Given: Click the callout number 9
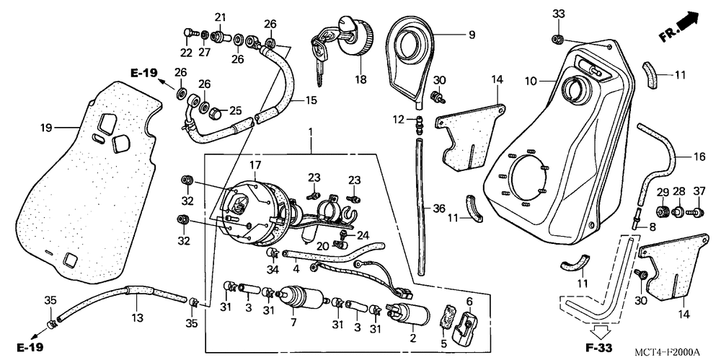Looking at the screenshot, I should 472,33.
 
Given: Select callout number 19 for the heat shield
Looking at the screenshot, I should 46,128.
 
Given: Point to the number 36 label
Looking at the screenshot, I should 439,208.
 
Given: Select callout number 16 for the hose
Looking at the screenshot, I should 699,156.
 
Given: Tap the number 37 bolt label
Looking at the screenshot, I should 698,191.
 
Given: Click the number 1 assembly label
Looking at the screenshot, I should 311,133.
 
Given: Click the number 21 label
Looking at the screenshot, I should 220,17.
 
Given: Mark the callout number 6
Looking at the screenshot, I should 469,301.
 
